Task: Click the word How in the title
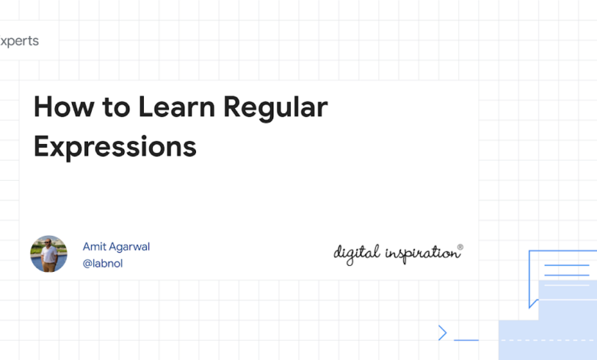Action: click(x=64, y=106)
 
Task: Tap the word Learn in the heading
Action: click(x=177, y=106)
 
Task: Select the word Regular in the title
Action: click(x=276, y=108)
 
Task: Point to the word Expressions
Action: click(x=115, y=147)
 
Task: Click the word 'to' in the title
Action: click(x=116, y=107)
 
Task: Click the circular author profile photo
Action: click(x=49, y=254)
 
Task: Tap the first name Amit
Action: click(x=94, y=247)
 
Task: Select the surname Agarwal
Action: click(x=129, y=247)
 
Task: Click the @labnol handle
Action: click(x=103, y=263)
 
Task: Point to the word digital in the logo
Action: click(x=357, y=254)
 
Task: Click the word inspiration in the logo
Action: click(x=422, y=254)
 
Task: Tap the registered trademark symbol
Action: click(x=460, y=247)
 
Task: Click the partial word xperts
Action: click(x=19, y=41)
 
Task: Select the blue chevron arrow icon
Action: click(x=442, y=333)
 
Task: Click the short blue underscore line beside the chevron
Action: click(x=466, y=340)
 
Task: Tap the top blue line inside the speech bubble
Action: click(x=566, y=265)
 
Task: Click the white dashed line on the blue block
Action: click(x=548, y=340)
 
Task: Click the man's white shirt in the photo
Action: click(x=49, y=254)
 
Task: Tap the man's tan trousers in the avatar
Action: click(x=49, y=267)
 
